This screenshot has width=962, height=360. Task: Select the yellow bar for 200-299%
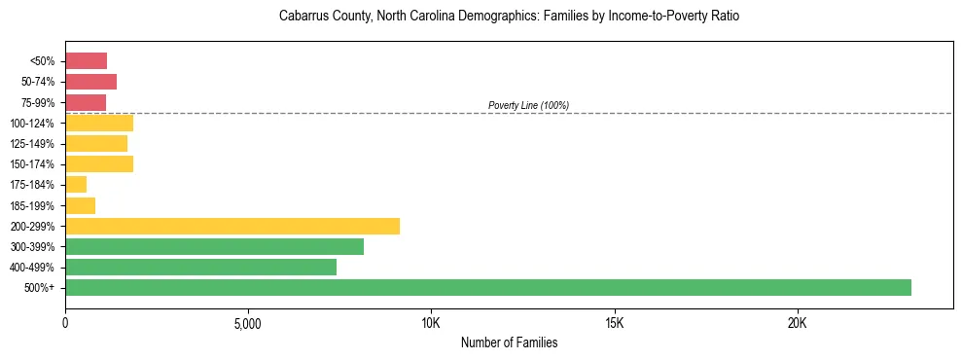pos(232,226)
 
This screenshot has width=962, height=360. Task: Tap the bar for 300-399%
pos(214,246)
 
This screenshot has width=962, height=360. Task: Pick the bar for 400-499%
pos(200,267)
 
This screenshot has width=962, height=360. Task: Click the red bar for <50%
pos(86,61)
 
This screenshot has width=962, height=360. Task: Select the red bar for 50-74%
pos(90,82)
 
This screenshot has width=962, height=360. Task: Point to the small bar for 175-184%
pos(76,184)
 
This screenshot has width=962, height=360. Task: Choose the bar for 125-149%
pos(96,143)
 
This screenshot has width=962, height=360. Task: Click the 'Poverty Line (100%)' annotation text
pos(528,105)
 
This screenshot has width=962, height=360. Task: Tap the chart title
pos(509,17)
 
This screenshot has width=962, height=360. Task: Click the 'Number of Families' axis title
pos(509,342)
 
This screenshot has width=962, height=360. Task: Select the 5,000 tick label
pos(248,322)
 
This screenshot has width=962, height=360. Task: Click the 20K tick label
pos(797,322)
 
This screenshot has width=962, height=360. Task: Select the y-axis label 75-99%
pos(36,102)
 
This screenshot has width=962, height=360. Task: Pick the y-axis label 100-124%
pos(32,123)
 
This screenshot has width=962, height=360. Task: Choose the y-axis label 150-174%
pos(32,163)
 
